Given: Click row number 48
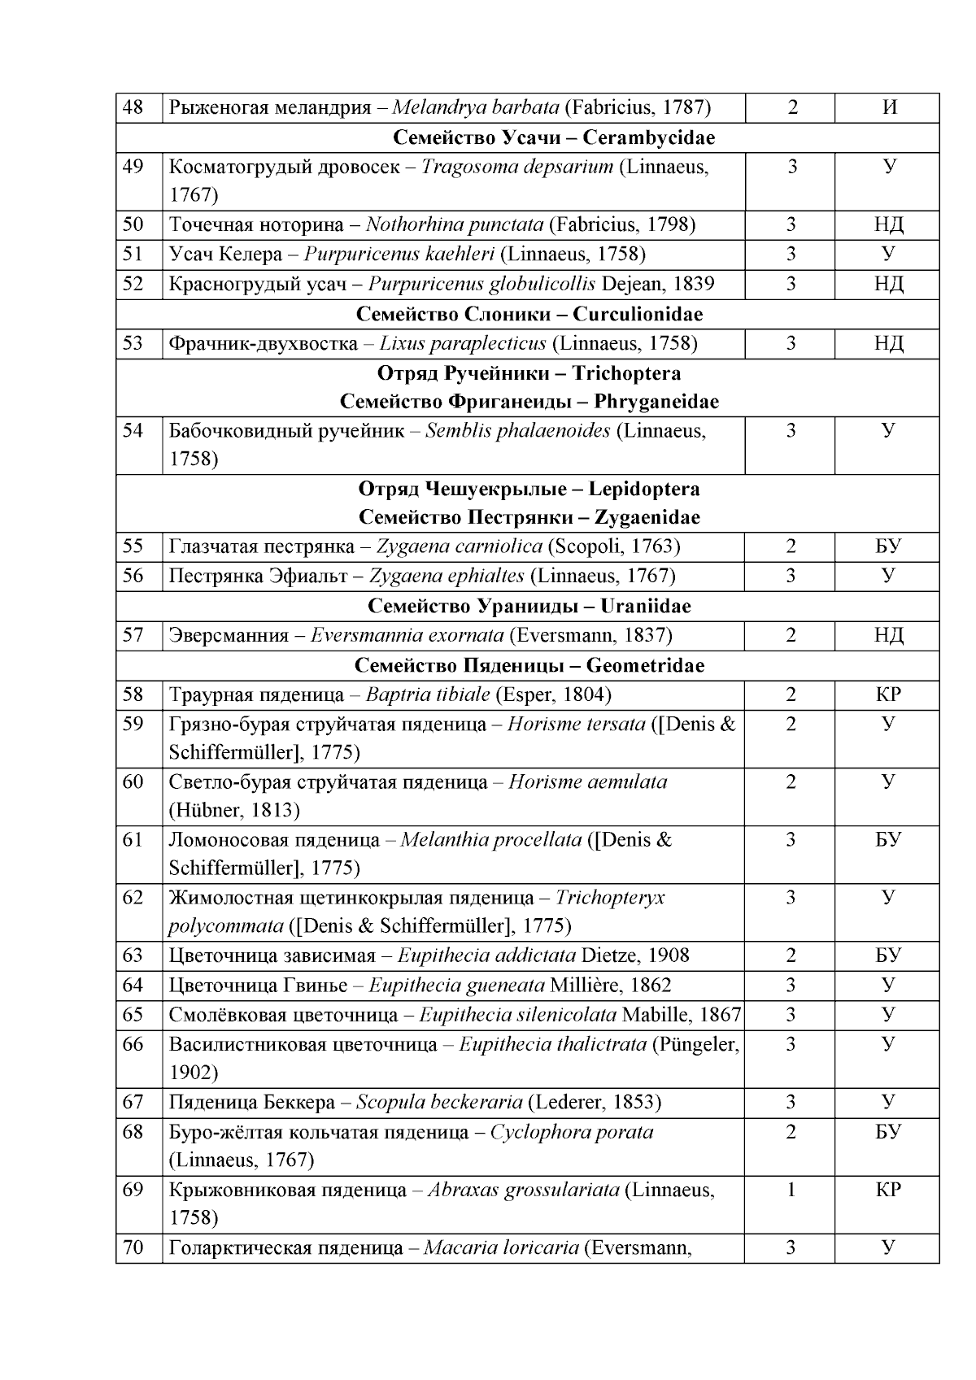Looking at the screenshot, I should [133, 107].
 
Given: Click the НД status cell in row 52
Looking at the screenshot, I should [888, 284].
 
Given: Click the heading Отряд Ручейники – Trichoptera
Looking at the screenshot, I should [529, 373].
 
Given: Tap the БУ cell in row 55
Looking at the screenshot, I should [888, 546].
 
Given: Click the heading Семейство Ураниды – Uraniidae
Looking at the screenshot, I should [529, 606].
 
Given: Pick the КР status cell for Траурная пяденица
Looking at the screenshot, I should [888, 694].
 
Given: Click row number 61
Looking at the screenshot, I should [133, 839].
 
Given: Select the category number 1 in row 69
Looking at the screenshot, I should [791, 1190].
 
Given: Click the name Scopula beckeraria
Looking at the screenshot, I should [439, 1103].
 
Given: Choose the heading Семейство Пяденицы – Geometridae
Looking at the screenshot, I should [529, 665].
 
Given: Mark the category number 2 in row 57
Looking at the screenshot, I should [791, 635].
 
